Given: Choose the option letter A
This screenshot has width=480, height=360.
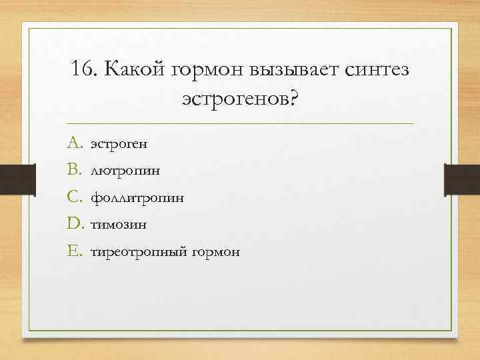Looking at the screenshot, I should [74, 142].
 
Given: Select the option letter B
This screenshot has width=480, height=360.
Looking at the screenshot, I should [73, 169].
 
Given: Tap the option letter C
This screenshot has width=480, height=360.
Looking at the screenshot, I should [74, 197].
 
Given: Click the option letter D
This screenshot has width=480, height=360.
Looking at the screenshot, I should [74, 224].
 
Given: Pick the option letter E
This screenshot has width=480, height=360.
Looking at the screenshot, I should [73, 251].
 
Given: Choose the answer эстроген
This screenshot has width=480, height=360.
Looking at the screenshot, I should [119, 143].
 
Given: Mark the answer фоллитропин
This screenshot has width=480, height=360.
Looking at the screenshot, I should [137, 198].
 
